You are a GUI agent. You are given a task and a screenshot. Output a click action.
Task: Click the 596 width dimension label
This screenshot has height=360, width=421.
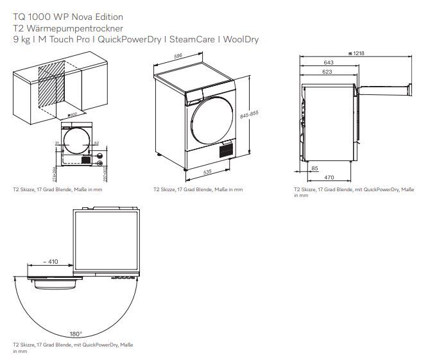click(x=178, y=56)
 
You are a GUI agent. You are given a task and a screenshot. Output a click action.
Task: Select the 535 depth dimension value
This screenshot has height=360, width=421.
click(x=207, y=173)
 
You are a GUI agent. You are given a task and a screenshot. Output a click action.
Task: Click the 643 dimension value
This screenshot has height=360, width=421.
click(x=329, y=63)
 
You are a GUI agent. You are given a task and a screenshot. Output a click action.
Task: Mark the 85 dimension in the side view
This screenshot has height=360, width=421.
click(x=314, y=169)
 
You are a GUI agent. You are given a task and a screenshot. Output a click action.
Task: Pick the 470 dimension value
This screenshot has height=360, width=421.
click(x=328, y=177)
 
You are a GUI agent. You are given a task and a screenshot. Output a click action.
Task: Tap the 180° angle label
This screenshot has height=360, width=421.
click(x=76, y=334)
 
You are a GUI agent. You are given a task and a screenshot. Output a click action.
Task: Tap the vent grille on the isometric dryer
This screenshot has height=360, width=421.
click(x=224, y=151)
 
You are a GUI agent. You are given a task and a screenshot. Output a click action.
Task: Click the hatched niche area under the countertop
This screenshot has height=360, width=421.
click(x=52, y=89)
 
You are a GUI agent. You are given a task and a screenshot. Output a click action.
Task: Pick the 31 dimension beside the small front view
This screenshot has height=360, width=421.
click(x=56, y=142)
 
